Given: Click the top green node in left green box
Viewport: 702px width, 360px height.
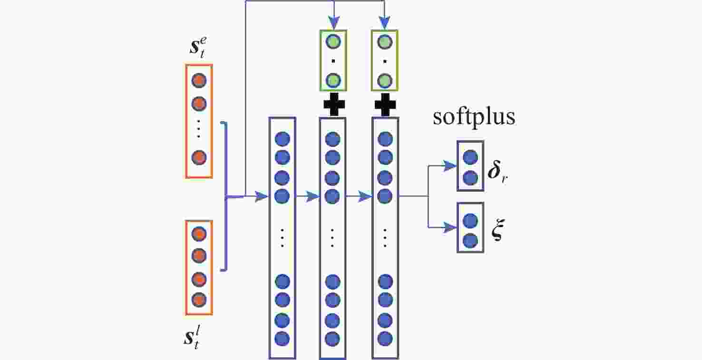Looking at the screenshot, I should [333, 42].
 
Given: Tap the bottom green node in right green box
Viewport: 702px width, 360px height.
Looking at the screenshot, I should [384, 80].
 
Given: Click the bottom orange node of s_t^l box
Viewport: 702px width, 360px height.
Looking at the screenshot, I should [198, 300].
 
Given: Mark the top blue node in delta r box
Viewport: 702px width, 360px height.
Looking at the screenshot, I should [470, 157].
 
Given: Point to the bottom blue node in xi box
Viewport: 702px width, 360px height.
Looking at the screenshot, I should [470, 241].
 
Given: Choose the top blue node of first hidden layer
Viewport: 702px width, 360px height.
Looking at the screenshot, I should [283, 139].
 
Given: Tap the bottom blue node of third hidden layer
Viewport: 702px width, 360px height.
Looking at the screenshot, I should [384, 339].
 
